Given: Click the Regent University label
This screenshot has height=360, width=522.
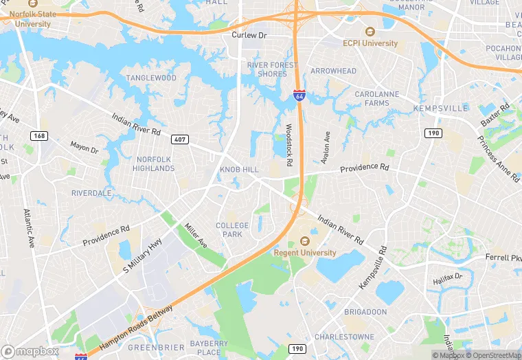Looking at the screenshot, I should pyautogui.click(x=305, y=253).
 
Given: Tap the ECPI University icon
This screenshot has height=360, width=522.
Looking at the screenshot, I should pyautogui.click(x=370, y=32).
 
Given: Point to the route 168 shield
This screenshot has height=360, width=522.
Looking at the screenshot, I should pyautogui.click(x=39, y=136).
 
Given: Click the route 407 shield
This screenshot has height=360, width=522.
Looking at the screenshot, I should pyautogui.click(x=180, y=140).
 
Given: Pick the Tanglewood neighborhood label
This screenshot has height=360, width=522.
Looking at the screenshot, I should pyautogui.click(x=150, y=78).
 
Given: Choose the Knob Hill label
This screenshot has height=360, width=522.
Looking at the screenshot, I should pyautogui.click(x=239, y=169).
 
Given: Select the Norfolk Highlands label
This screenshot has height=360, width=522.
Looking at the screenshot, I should pyautogui.click(x=153, y=164).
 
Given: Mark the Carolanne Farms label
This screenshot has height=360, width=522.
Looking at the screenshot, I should pyautogui.click(x=376, y=98).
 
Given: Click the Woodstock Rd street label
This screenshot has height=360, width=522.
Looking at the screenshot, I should pyautogui.click(x=289, y=144).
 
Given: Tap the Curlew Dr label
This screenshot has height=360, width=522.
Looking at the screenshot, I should pyautogui.click(x=248, y=35).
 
